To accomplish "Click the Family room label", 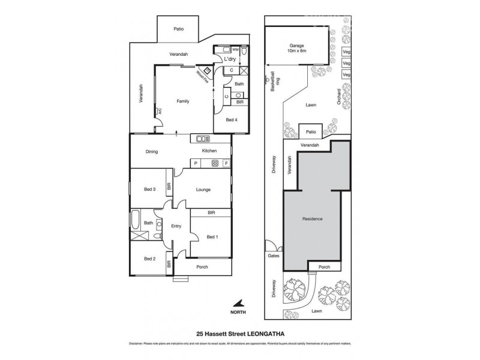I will (182, 101).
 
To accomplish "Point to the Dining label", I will (151, 152).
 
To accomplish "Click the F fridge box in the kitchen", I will (226, 163).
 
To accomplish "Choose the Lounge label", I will (203, 190).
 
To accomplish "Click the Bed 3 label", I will (150, 190).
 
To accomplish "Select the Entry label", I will (176, 226).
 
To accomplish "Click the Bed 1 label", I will (212, 237).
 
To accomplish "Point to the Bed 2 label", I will (150, 259).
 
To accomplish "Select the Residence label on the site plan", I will (312, 219).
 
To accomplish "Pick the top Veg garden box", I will (346, 52).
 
